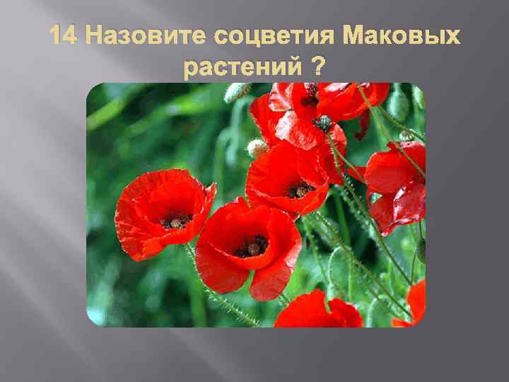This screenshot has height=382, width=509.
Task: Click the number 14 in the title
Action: click(x=64, y=37)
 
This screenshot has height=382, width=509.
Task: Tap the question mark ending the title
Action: click(x=318, y=68)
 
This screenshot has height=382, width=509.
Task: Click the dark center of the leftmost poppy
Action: click(x=174, y=221)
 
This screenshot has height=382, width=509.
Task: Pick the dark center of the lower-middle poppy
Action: click(x=252, y=248)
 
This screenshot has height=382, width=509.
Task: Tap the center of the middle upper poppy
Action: click(x=300, y=190)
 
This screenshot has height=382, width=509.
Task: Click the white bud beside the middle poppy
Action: click(x=257, y=148)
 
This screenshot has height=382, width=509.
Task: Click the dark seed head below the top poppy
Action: click(x=323, y=123)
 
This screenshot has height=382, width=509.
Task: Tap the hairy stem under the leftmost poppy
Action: click(x=212, y=290)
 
